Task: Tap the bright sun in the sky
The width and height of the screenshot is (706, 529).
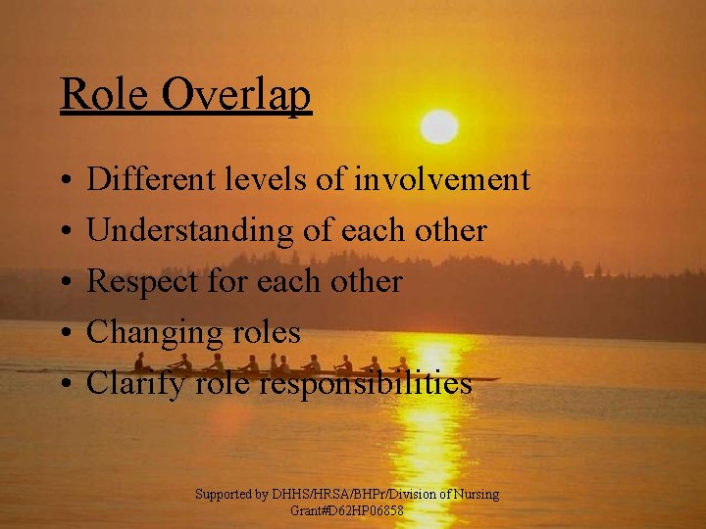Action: (439, 126)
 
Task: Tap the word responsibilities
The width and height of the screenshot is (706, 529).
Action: (366, 384)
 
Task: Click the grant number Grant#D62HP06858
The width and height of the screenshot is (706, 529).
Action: (347, 511)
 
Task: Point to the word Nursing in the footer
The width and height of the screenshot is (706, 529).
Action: (475, 495)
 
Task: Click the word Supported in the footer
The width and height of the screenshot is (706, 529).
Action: (225, 495)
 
